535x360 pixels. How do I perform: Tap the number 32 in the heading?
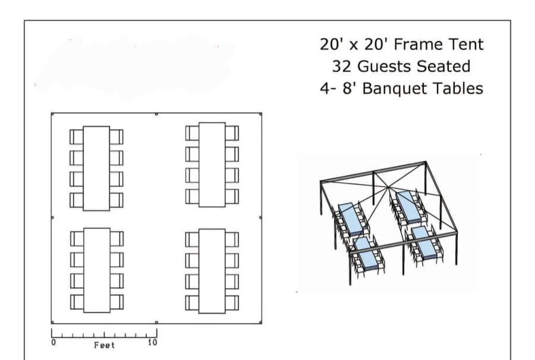[342, 66]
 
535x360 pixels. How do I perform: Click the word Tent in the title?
[467, 45]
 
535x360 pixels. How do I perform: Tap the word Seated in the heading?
[443, 66]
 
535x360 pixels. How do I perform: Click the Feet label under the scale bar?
[105, 345]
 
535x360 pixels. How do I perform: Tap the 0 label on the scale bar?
[53, 342]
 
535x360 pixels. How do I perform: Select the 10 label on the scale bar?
[153, 342]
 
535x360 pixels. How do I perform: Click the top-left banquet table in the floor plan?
[96, 168]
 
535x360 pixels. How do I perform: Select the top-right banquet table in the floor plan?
[212, 165]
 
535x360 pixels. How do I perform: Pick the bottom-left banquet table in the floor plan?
[97, 270]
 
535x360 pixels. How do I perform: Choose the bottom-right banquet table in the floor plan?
[212, 271]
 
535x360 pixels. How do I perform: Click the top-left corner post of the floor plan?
[52, 114]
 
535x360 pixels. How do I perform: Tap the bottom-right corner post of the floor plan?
[261, 322]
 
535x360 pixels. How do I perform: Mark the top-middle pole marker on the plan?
[156, 114]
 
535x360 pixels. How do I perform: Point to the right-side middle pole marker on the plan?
[261, 217]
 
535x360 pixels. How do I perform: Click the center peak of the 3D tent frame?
[388, 187]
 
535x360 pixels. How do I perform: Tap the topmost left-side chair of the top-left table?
[77, 137]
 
